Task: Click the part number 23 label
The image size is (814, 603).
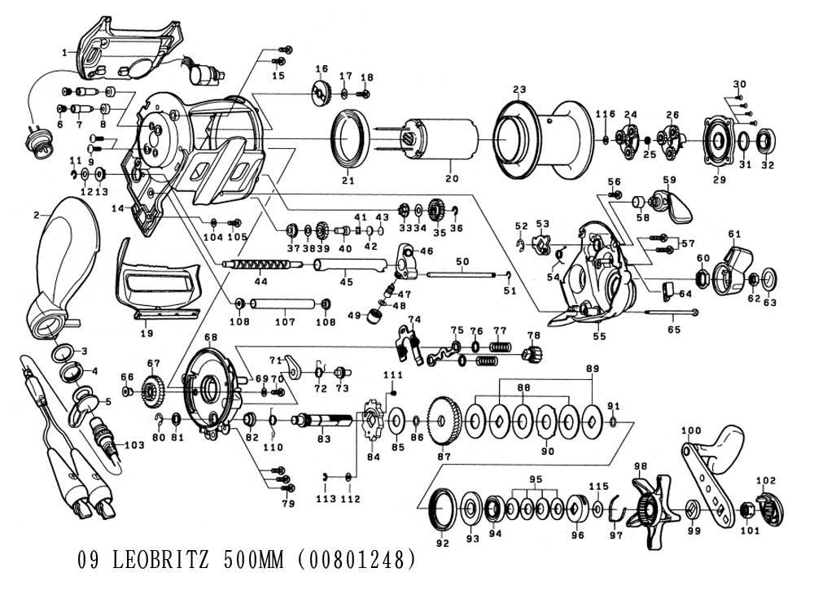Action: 520,90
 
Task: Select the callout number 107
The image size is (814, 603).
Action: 284,321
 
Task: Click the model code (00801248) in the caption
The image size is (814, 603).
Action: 357,561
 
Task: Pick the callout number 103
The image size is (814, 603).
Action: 134,444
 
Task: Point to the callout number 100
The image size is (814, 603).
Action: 690,430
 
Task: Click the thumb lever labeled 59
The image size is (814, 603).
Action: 675,203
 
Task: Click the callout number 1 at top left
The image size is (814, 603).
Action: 64,52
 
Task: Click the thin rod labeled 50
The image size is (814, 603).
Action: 462,273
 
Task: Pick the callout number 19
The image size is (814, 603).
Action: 147,334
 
